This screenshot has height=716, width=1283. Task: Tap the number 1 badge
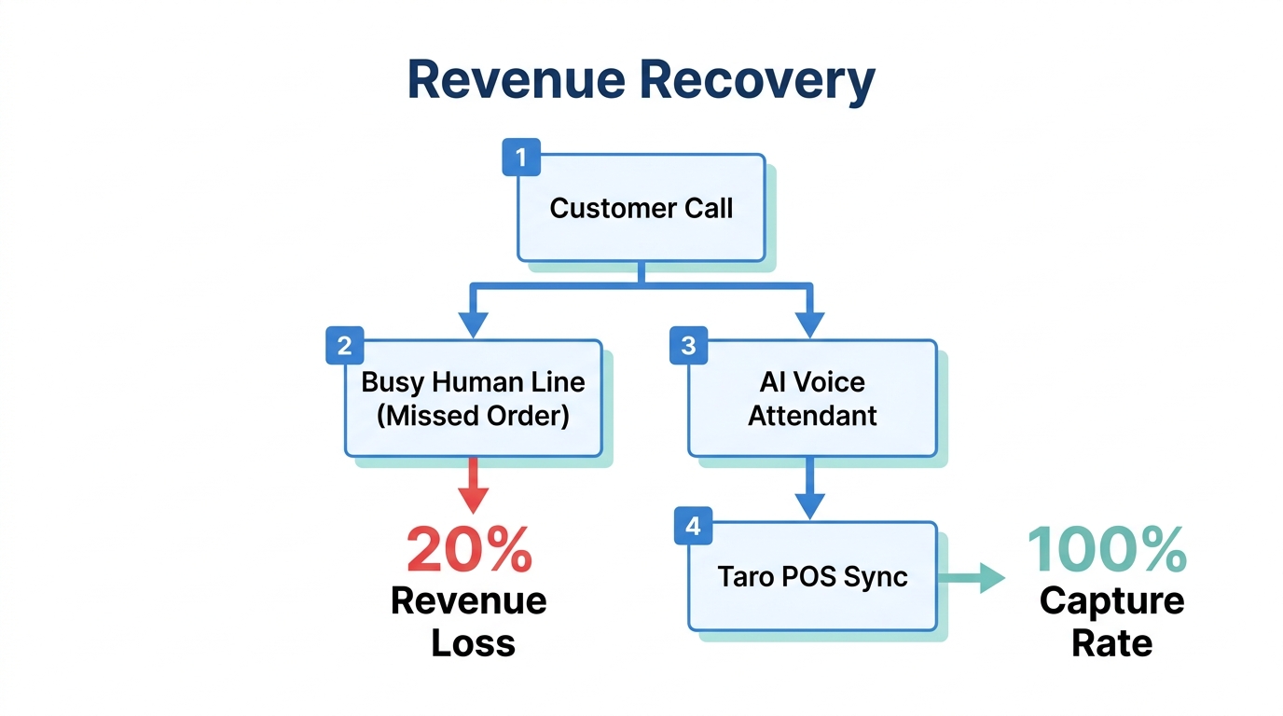[521, 158]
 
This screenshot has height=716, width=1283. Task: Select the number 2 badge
[344, 346]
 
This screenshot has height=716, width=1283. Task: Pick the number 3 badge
[688, 346]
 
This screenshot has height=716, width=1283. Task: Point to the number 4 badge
[692, 526]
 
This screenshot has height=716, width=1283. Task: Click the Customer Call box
[641, 208]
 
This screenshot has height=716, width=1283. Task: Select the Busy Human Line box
[474, 398]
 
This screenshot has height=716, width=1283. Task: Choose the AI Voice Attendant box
[812, 398]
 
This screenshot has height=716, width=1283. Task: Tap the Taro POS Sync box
[812, 576]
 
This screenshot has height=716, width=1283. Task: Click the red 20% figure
[469, 550]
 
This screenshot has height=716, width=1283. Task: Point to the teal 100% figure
[1107, 550]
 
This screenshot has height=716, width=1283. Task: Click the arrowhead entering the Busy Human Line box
[474, 324]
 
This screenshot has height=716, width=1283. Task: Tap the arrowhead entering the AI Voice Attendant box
[810, 324]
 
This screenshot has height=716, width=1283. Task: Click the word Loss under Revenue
[473, 642]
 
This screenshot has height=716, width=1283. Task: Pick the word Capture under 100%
[1111, 600]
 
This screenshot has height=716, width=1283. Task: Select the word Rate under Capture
[1111, 642]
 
